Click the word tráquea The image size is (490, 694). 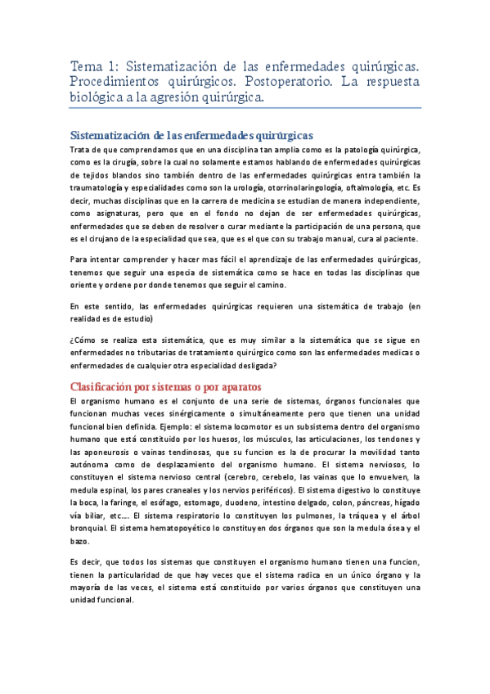tap(353, 516)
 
